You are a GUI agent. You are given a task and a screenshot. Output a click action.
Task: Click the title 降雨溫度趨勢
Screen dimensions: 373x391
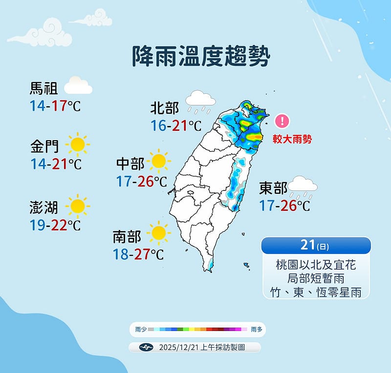tap(201, 57)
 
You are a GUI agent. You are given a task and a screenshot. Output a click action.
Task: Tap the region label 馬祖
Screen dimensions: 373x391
tap(44, 88)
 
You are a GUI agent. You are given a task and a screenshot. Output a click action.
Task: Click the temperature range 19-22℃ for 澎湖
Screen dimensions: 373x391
tap(54, 225)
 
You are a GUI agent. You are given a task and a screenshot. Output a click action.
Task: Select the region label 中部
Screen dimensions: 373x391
tap(130, 163)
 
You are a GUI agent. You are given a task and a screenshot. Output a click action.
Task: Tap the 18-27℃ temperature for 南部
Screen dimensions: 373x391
tap(138, 254)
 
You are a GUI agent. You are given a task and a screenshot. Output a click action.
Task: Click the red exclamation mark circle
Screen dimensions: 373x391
tap(282, 121)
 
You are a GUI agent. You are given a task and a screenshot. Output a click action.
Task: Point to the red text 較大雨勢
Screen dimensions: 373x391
tap(292, 139)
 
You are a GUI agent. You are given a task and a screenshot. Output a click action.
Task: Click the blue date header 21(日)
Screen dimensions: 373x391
tap(316, 246)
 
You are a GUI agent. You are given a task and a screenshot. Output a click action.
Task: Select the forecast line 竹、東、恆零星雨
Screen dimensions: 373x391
tap(316, 292)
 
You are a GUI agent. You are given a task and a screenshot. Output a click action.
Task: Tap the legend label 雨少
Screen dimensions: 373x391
tap(141, 330)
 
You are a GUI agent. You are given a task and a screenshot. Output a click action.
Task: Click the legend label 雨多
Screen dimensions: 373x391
tap(256, 330)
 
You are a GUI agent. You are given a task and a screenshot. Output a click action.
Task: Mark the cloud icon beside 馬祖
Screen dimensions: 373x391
tap(78, 86)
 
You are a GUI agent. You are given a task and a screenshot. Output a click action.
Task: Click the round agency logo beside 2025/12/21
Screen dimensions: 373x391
tap(146, 348)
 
